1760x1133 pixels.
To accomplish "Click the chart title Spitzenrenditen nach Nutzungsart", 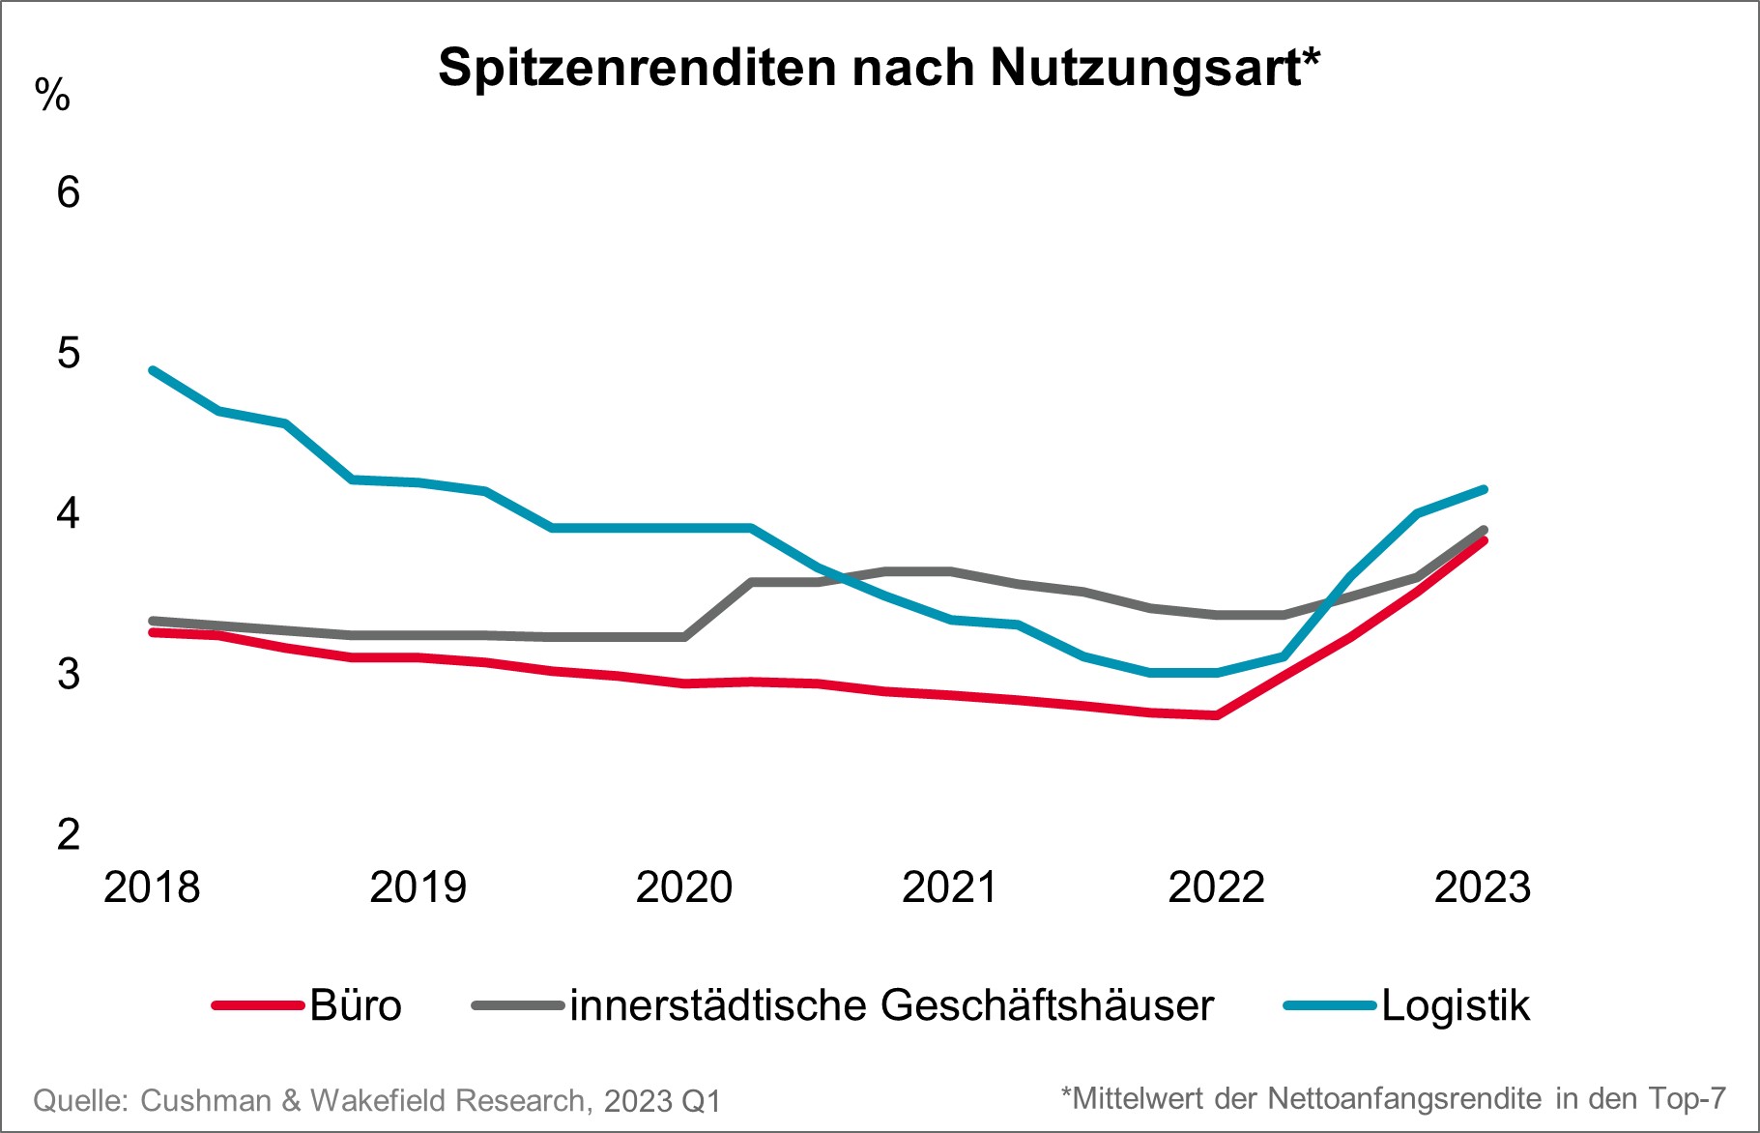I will pos(879,68).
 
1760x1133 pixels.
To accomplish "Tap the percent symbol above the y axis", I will pos(52,96).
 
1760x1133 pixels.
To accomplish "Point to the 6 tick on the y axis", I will pos(68,192).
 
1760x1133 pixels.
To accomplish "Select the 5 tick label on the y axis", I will pos(68,353).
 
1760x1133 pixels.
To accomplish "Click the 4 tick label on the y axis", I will pos(68,513).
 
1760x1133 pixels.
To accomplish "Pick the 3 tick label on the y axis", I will pos(68,674).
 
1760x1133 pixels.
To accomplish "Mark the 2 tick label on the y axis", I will pos(68,834).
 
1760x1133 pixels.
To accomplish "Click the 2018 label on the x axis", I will pos(152,887).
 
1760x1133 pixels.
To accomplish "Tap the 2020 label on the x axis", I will pos(684,887).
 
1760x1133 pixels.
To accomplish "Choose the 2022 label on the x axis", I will pos(1216,887).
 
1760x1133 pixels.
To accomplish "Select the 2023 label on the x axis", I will pos(1483,887).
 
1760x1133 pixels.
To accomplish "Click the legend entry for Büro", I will pos(307,1005).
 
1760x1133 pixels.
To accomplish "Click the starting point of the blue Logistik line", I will pos(153,369).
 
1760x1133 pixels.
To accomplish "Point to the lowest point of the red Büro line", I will pos(1216,715).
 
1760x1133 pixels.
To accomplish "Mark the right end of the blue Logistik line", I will pos(1484,489).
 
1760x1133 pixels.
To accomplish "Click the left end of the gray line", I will pos(153,621).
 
